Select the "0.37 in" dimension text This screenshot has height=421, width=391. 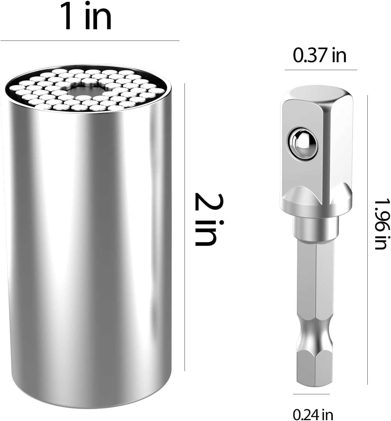click(320, 55)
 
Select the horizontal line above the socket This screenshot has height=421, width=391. click(90, 41)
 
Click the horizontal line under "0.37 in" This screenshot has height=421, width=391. click(321, 70)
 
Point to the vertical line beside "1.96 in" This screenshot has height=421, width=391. click(367, 239)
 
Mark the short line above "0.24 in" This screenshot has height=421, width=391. click(311, 394)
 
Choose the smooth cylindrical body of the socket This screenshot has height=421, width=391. click(87, 239)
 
